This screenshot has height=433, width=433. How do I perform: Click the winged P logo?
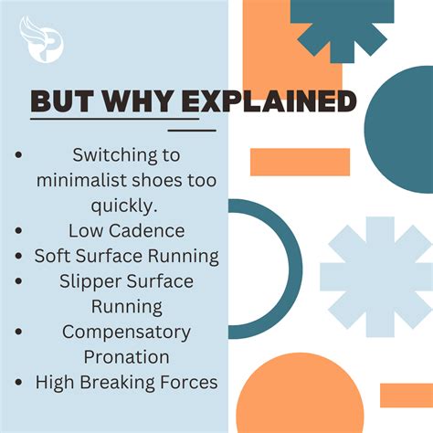coord(41,39)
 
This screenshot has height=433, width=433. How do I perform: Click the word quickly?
coord(127,204)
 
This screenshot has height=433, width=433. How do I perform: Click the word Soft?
coord(55,255)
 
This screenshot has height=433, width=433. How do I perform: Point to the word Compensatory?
coord(127,331)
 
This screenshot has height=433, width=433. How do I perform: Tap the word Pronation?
coord(127,356)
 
